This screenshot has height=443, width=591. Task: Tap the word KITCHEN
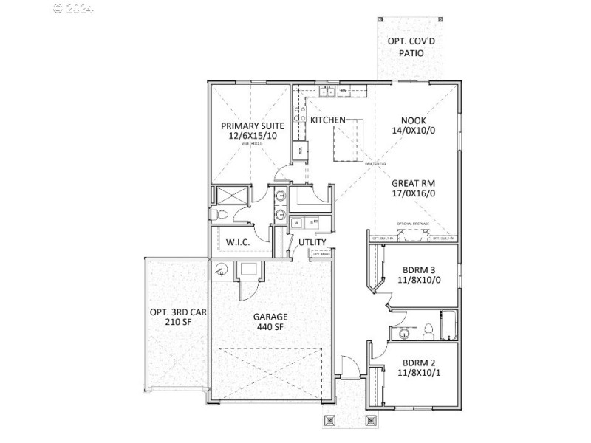pyautogui.click(x=327, y=120)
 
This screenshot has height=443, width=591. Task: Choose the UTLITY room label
pyautogui.click(x=312, y=242)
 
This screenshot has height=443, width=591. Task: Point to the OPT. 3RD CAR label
pyautogui.click(x=178, y=312)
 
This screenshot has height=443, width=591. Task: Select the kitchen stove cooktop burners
pyautogui.click(x=301, y=114)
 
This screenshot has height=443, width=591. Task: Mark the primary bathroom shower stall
pyautogui.click(x=231, y=195)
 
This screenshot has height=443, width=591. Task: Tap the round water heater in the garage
pyautogui.click(x=220, y=269)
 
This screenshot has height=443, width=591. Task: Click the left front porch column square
pyautogui.click(x=329, y=420)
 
